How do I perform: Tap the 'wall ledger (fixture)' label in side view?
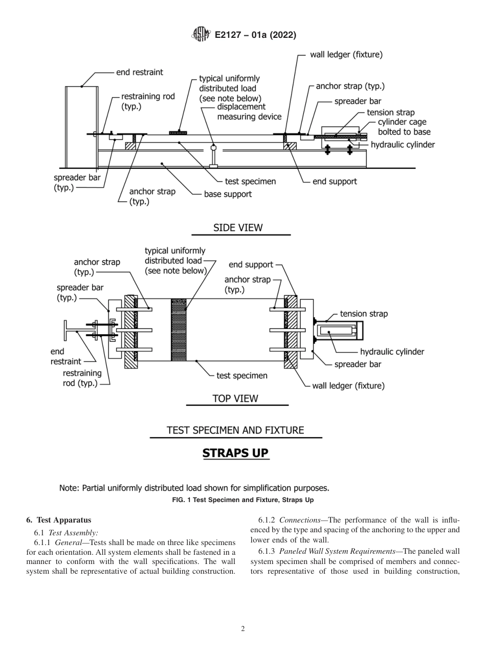(346, 55)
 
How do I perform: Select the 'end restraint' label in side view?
(139, 72)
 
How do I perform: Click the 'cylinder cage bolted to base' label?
(404, 127)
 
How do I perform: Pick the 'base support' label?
(228, 194)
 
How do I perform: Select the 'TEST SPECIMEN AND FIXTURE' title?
(235, 430)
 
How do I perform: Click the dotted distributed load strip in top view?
(180, 330)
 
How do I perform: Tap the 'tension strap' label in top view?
(364, 314)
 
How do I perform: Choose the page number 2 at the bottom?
(242, 629)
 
